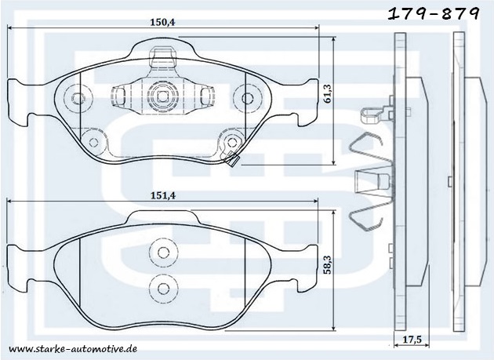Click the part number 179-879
tap(434, 14)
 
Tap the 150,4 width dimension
tap(162, 23)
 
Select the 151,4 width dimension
tap(163, 196)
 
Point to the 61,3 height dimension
tap(328, 93)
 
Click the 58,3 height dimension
tap(328, 264)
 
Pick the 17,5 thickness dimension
tap(412, 340)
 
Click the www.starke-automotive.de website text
tap(73, 349)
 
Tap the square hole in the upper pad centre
tap(162, 96)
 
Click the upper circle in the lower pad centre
tap(163, 253)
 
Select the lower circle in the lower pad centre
tap(163, 288)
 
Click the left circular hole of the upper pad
tap(77, 98)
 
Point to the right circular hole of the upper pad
tap(247, 98)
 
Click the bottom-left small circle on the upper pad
tap(93, 143)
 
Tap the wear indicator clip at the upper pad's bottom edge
tap(233, 159)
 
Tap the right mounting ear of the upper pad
tap(308, 103)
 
